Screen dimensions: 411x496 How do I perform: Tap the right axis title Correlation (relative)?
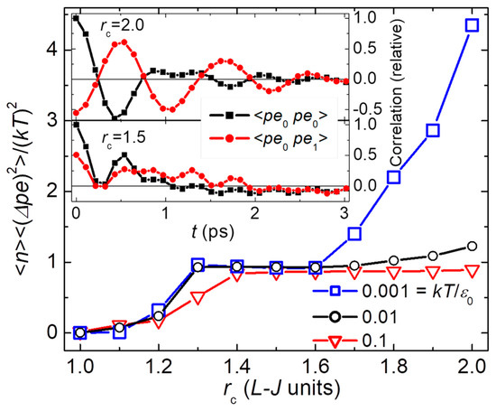tap(393, 117)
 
